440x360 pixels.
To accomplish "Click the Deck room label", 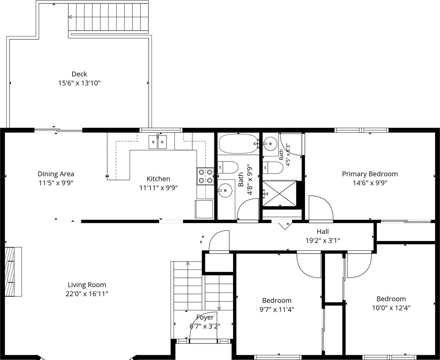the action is (x=79, y=74).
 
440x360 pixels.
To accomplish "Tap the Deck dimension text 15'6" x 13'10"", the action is (x=79, y=83).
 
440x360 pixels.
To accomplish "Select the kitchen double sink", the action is (x=158, y=142).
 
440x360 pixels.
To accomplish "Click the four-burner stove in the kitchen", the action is (x=205, y=176).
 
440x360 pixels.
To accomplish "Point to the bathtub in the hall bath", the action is (x=238, y=144).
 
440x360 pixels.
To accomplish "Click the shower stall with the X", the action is (x=279, y=194).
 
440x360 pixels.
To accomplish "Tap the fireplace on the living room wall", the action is (x=13, y=272).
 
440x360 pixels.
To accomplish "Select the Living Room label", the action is (x=87, y=285).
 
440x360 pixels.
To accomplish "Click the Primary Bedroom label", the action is (x=370, y=174).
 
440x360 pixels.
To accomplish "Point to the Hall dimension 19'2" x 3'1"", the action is (x=323, y=241).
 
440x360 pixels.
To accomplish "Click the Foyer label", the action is (x=205, y=317).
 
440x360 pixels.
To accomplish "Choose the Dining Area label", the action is (x=56, y=174).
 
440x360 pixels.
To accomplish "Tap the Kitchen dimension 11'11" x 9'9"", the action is (x=158, y=188).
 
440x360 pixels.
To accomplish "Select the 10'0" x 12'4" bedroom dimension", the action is (x=391, y=308).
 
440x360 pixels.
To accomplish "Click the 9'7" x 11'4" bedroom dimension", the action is (x=277, y=309).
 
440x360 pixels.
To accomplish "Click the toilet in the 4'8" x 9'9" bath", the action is (x=228, y=167).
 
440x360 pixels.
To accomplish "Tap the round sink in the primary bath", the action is (x=270, y=144).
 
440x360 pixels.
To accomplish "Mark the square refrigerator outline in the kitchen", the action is (x=204, y=209).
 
